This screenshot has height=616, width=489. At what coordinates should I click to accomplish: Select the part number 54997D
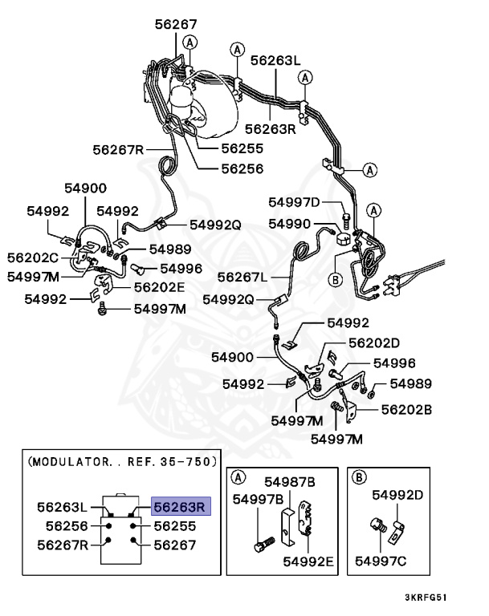(x=293, y=202)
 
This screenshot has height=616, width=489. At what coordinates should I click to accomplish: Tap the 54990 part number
(x=289, y=224)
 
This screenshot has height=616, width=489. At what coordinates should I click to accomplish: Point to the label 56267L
(x=242, y=277)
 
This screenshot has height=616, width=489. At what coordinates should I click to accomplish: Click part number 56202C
(x=33, y=257)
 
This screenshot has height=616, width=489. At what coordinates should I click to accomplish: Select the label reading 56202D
(x=374, y=342)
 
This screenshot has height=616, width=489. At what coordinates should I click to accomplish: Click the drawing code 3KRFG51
(x=426, y=598)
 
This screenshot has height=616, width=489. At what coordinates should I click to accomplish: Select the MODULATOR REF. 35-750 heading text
(x=122, y=463)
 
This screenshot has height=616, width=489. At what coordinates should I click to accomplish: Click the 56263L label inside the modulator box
(x=64, y=507)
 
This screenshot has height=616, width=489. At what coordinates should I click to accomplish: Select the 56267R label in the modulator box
(x=64, y=544)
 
